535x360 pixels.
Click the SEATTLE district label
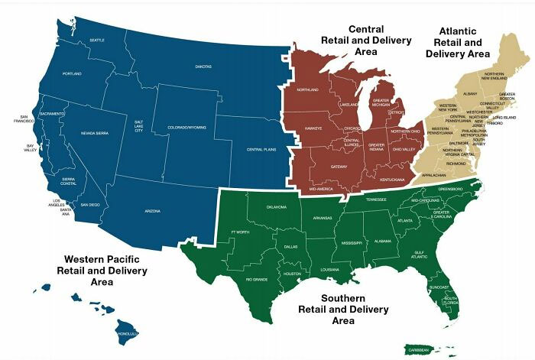coord(97,40)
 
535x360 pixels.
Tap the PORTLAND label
coord(72,73)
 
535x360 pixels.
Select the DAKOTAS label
coord(203,66)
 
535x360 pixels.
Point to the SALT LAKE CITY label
coord(138,125)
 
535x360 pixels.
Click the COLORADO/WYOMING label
coord(186,127)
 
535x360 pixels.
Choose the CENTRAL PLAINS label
coord(261,150)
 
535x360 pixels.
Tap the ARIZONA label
coord(152,210)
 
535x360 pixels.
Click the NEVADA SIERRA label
coord(96,134)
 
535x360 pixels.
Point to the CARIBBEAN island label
coord(418,349)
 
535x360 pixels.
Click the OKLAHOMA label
coord(277,207)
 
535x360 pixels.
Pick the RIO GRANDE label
coord(255,280)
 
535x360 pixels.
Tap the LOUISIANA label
coord(329,270)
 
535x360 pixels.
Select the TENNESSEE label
coord(376,199)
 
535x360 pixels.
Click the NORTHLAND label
coord(307,90)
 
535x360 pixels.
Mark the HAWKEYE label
coord(314,128)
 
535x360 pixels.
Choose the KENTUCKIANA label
coord(392,180)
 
